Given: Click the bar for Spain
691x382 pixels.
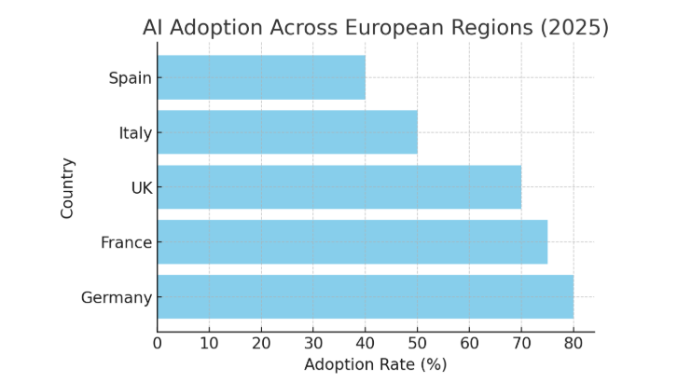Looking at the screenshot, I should (261, 77).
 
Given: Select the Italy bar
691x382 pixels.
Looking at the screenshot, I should (287, 132).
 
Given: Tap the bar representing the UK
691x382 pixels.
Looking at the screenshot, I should (339, 187).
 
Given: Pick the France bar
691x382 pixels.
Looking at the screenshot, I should (352, 242).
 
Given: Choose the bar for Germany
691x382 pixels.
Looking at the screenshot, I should (366, 297).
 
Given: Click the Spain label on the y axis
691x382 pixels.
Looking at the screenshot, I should (130, 77).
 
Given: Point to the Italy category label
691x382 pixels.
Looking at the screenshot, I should (135, 132).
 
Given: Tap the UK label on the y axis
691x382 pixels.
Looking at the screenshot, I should (142, 187).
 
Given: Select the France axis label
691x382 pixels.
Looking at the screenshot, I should (126, 242).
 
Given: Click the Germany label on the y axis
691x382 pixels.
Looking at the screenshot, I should (117, 297).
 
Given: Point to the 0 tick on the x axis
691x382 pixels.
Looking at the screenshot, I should (158, 343).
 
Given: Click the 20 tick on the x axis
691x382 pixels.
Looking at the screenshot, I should (261, 343).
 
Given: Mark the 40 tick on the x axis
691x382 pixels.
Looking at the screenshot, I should (366, 343).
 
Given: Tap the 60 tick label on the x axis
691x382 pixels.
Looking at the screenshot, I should (469, 343).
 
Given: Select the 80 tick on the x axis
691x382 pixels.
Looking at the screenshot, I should (574, 343).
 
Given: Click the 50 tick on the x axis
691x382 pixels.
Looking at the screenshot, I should (418, 343).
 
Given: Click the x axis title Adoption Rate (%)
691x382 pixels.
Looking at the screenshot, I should (375, 364).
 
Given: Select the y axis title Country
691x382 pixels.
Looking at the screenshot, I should (67, 187).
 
